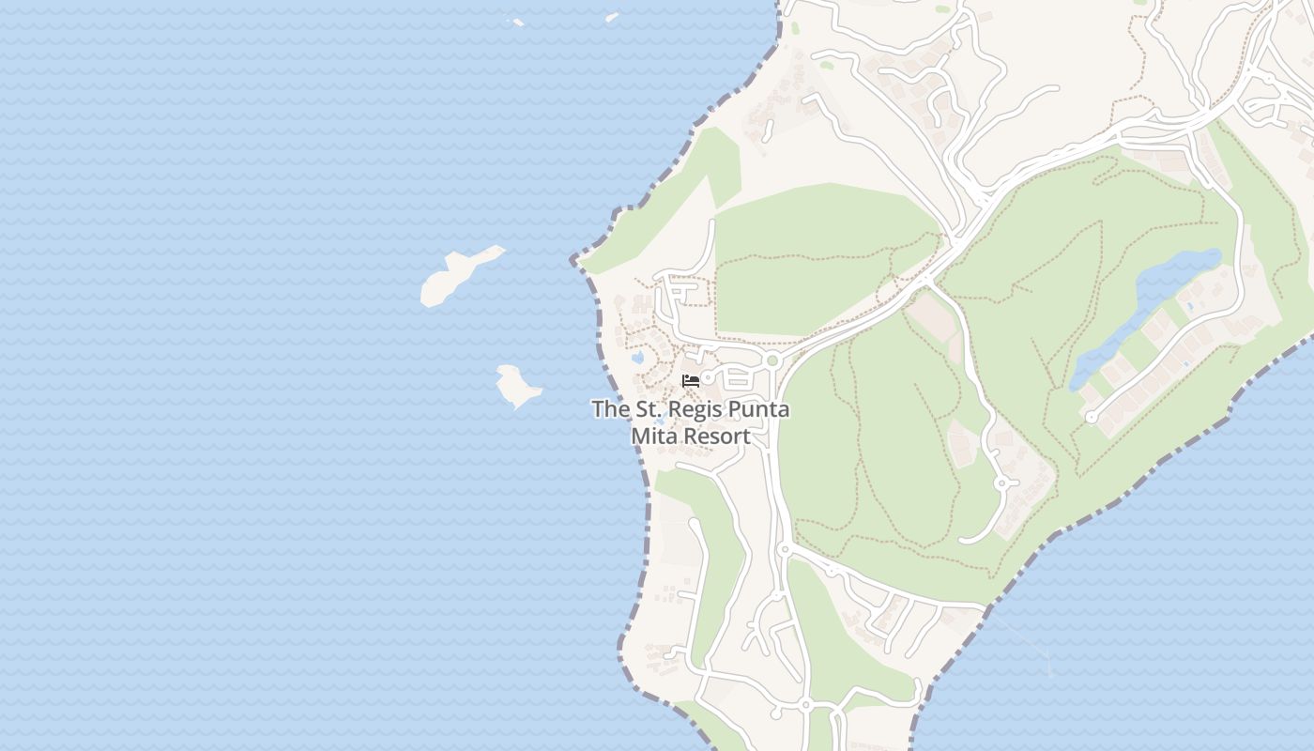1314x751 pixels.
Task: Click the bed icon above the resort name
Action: click(691, 381)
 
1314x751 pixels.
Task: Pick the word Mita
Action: click(652, 437)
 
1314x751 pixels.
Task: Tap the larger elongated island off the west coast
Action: click(455, 275)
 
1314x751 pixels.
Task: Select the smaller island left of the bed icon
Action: click(517, 385)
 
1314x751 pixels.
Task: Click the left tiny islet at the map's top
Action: click(515, 22)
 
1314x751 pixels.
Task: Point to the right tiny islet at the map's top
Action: click(612, 17)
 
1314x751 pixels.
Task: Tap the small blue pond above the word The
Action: click(637, 358)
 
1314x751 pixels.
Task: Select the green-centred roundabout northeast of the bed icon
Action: click(772, 360)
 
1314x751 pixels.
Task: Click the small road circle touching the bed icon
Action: click(708, 377)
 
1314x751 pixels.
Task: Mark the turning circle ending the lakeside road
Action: click(1091, 416)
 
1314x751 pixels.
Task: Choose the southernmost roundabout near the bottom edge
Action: click(805, 705)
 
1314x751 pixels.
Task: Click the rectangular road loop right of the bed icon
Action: click(738, 380)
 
